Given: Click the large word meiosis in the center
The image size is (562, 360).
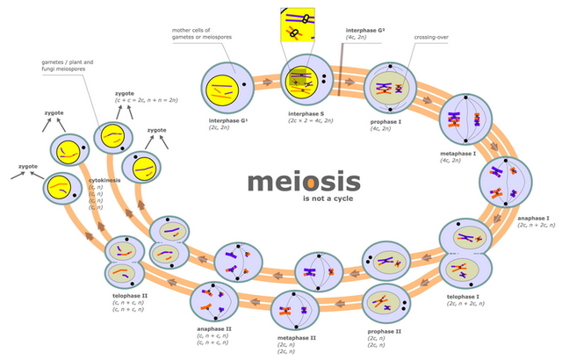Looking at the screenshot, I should tap(303, 182).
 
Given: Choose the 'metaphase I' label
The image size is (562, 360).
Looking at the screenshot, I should tap(458, 153).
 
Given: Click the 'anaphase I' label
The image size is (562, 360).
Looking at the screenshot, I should tap(533, 217).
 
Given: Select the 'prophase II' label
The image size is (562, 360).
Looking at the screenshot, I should tap(384, 330).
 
